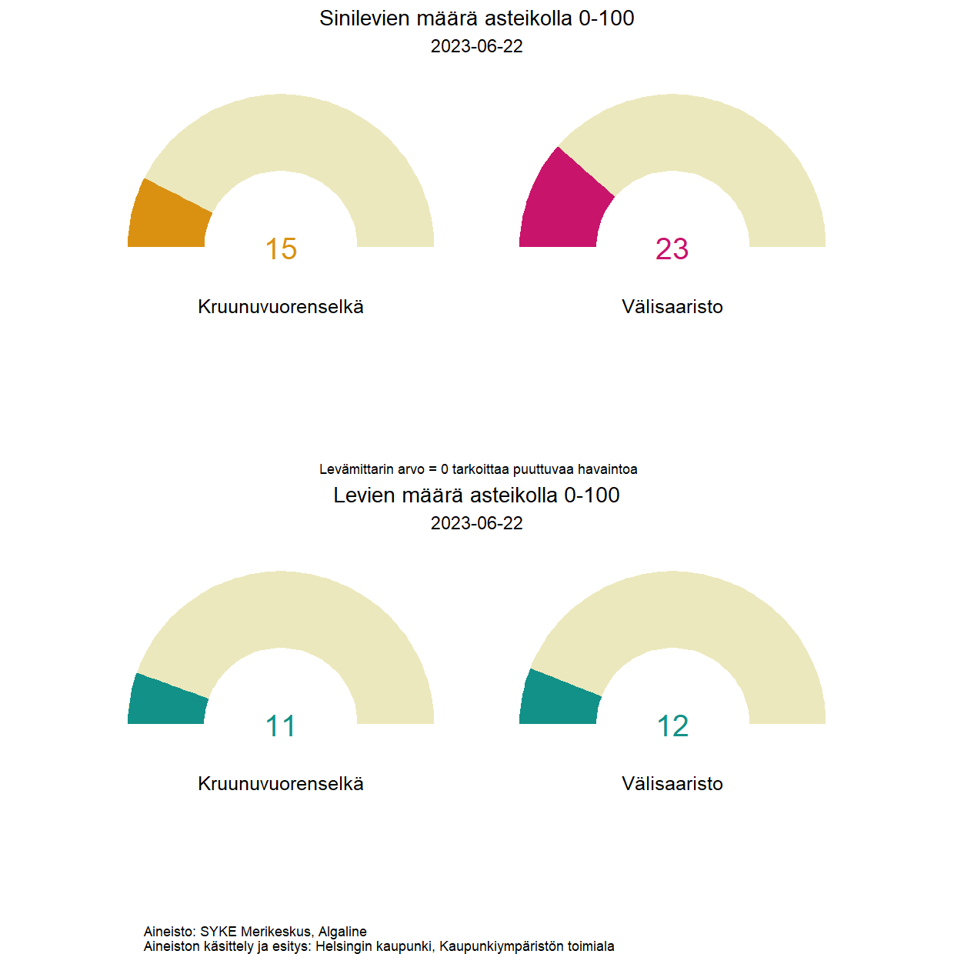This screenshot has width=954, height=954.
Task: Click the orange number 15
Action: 281,249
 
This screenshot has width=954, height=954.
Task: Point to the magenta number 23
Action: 672,249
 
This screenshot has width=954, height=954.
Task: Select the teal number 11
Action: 281,726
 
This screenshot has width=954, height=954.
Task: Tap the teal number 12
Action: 672,726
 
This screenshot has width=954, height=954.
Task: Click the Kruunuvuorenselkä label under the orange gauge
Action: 281,307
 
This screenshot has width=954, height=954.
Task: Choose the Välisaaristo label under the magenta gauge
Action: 672,307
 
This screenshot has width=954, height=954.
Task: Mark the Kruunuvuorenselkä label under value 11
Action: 281,784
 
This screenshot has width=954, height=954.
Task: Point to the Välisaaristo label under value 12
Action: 672,784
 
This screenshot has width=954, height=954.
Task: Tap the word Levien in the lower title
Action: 364,495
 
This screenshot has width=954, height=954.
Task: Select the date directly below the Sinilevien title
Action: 476,46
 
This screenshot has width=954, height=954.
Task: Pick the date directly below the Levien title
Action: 476,523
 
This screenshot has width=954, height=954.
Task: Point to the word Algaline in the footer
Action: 342,932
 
